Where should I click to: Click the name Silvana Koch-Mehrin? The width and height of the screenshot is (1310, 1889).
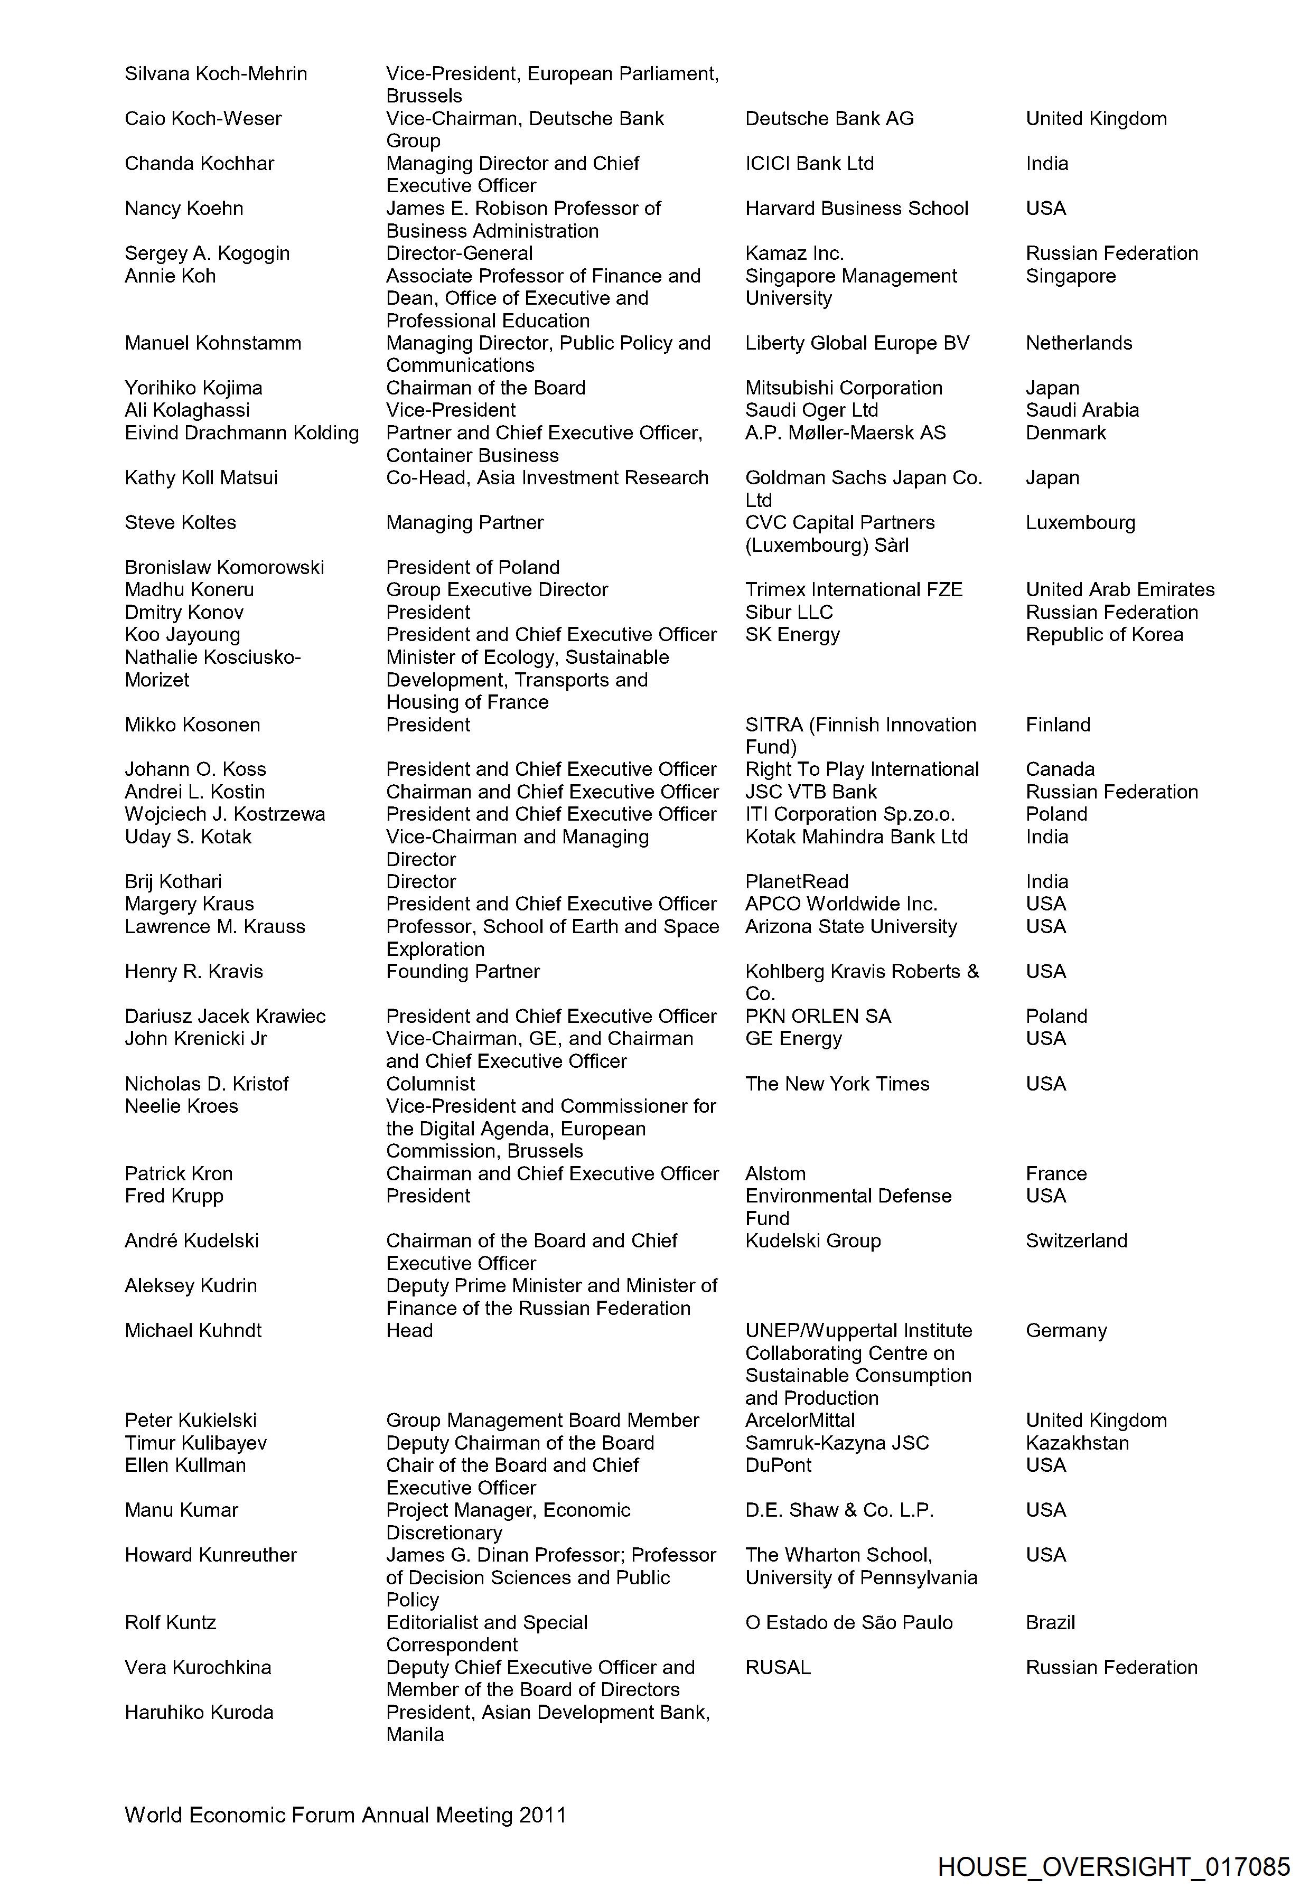point(216,74)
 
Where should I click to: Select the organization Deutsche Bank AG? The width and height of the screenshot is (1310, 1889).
point(829,119)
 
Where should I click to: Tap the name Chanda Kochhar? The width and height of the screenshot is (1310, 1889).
point(200,163)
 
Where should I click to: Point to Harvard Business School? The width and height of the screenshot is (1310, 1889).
point(856,209)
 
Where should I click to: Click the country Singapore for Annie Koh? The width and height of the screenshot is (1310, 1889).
point(1070,276)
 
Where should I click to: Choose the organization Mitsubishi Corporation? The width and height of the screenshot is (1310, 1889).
point(843,388)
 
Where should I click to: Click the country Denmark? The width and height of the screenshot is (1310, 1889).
point(1065,433)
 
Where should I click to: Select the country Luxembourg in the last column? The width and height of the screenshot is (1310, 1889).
point(1080,523)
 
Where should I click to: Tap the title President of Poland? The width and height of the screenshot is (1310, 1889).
point(473,568)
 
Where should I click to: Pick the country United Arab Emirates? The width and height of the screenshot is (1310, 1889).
point(1119,590)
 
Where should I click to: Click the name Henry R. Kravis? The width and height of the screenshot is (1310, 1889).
point(194,972)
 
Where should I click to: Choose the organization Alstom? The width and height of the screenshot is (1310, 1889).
point(775,1173)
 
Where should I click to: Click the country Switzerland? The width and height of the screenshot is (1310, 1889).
point(1076,1240)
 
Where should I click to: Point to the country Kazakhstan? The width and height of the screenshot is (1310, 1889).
point(1077,1443)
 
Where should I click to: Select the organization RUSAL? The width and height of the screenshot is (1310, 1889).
point(778,1667)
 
